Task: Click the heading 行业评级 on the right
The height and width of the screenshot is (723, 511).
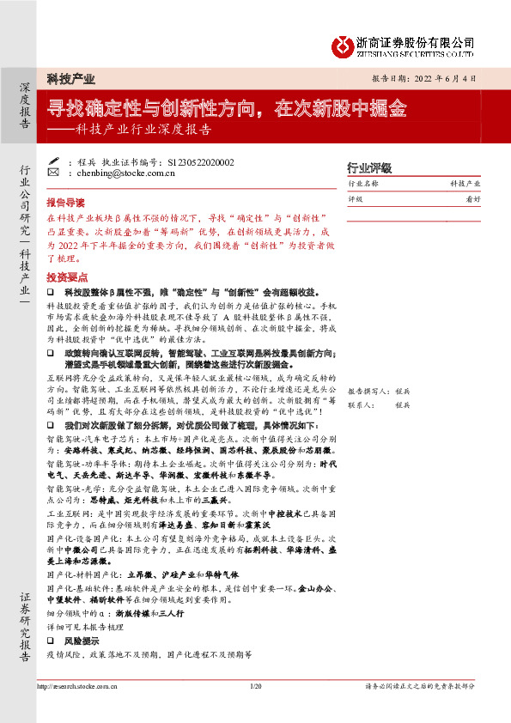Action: (x=368, y=167)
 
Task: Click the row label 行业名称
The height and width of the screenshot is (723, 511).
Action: (x=362, y=185)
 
